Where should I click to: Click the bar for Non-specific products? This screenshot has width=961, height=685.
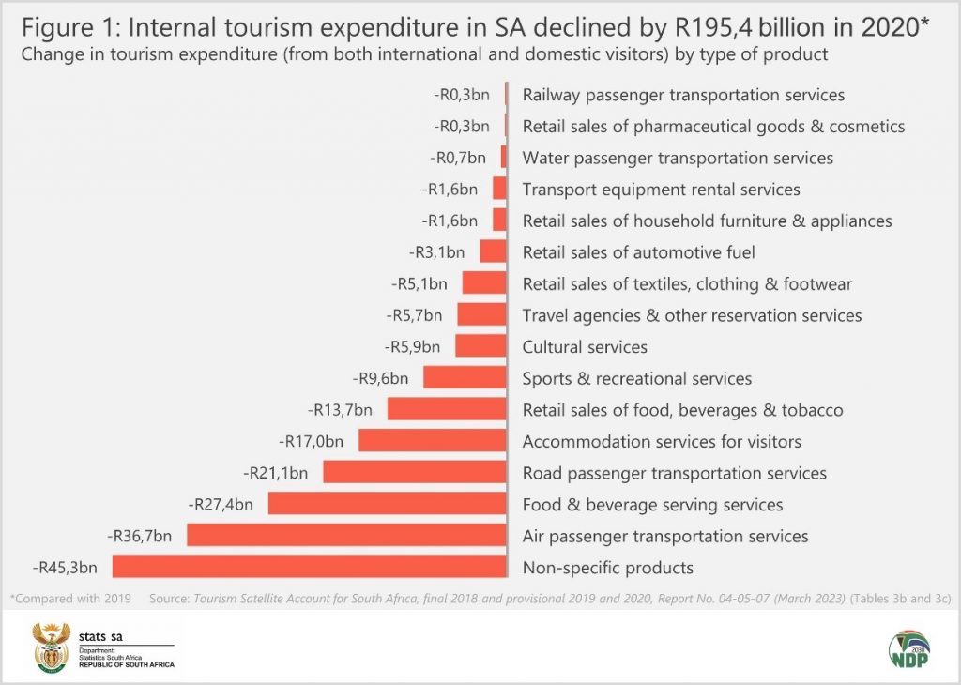pyautogui.click(x=310, y=567)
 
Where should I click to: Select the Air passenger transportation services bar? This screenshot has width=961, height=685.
pyautogui.click(x=346, y=536)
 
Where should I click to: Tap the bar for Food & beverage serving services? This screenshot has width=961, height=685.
pyautogui.click(x=387, y=504)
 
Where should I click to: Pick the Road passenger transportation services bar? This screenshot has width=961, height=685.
pyautogui.click(x=415, y=472)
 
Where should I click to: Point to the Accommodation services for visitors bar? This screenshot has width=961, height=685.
pyautogui.click(x=432, y=441)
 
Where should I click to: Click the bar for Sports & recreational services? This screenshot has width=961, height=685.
pyautogui.click(x=465, y=378)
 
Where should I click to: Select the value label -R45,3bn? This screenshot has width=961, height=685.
pyautogui.click(x=68, y=568)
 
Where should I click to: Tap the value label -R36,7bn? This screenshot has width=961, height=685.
pyautogui.click(x=141, y=536)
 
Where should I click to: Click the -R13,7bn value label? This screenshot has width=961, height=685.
pyautogui.click(x=341, y=410)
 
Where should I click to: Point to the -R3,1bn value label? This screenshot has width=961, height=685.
pyautogui.click(x=437, y=251)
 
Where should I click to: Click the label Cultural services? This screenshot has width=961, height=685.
pyautogui.click(x=585, y=347)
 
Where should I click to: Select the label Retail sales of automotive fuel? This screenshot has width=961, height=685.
pyautogui.click(x=638, y=251)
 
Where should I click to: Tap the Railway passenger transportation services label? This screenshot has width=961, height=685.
pyautogui.click(x=683, y=95)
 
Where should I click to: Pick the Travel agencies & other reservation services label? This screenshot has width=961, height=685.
pyautogui.click(x=692, y=315)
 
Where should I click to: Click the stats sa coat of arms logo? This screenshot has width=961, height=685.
pyautogui.click(x=51, y=647)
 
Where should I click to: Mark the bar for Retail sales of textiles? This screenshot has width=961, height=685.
pyautogui.click(x=484, y=283)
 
